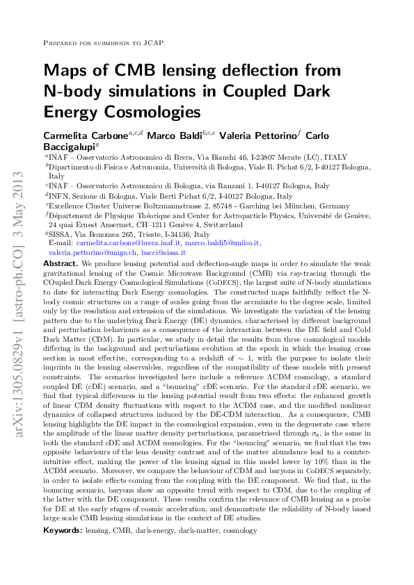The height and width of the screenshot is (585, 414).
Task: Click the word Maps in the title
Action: (67, 71)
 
